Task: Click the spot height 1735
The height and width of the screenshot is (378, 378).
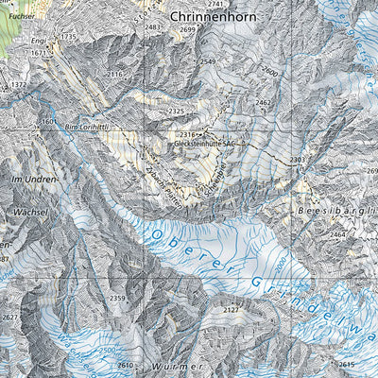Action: coord(68,36)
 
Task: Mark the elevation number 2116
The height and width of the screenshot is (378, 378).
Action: coord(115,74)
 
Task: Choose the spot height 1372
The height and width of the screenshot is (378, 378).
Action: coord(18,85)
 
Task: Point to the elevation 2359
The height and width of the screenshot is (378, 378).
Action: coord(117,299)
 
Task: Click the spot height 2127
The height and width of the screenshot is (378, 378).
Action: coord(230,309)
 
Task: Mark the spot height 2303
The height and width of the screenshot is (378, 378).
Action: coord(298,161)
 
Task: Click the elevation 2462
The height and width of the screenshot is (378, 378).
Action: coord(264,102)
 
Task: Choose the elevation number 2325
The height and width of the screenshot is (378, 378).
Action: coord(176,112)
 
